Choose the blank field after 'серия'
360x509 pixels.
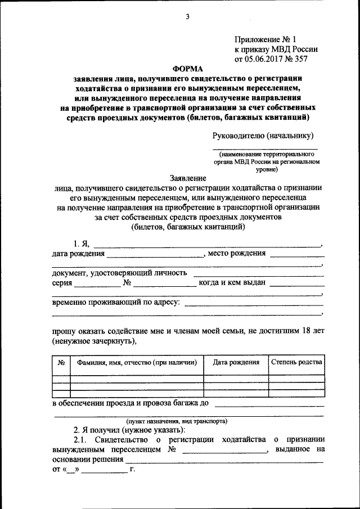click(x=97, y=285)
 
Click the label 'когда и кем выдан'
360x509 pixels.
click(x=232, y=282)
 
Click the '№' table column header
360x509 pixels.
click(x=61, y=363)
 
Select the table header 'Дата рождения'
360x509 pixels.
click(x=236, y=363)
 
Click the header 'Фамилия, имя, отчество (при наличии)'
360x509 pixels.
click(x=137, y=363)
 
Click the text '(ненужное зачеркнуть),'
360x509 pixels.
click(x=94, y=341)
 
